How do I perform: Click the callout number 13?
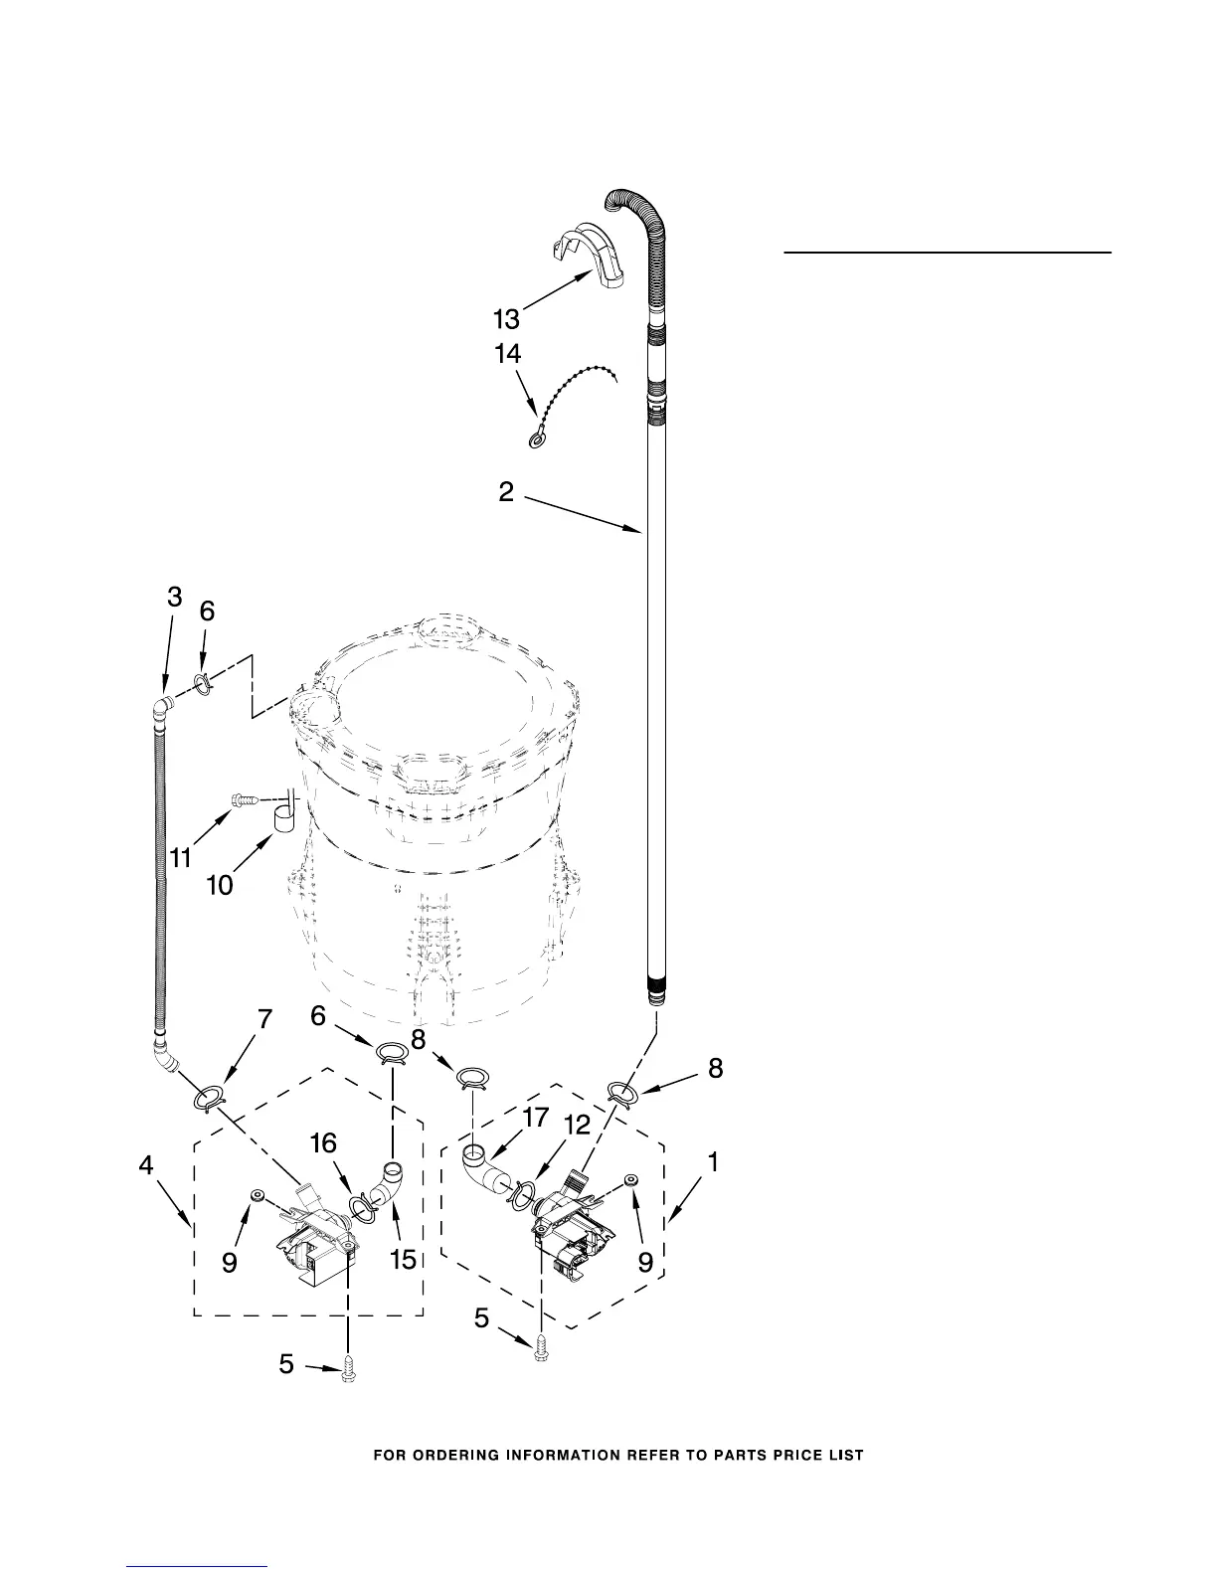(506, 318)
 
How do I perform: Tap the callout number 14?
(506, 354)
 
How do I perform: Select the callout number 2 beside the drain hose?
(506, 491)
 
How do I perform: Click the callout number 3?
(174, 597)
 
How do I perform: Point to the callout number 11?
(180, 857)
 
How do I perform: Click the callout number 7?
(264, 1019)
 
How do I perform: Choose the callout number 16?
(323, 1143)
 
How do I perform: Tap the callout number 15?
(402, 1259)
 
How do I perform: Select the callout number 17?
(535, 1118)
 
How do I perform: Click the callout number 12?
(577, 1125)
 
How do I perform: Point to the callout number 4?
(146, 1165)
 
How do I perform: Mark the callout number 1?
(713, 1160)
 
